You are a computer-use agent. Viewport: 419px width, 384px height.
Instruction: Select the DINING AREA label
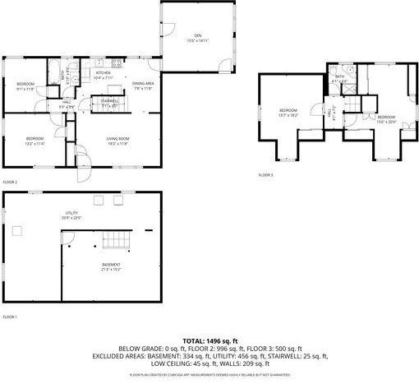pyautogui.click(x=143, y=86)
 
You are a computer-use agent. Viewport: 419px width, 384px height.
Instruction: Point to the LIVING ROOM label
pyautogui.click(x=118, y=140)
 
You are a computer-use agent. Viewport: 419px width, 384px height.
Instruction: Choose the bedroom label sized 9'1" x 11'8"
pyautogui.click(x=25, y=86)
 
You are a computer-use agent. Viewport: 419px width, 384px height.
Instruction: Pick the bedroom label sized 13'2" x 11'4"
pyautogui.click(x=34, y=140)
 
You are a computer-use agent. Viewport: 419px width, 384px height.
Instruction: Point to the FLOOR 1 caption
pyautogui.click(x=10, y=317)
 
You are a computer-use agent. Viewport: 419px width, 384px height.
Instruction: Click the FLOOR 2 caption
pyautogui.click(x=10, y=182)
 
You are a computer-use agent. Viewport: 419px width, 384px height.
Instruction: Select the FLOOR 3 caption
pyautogui.click(x=265, y=175)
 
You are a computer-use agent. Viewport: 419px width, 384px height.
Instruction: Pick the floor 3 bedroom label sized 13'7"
pyautogui.click(x=287, y=112)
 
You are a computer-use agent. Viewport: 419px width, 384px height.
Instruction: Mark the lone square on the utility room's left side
pyautogui.click(x=16, y=230)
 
